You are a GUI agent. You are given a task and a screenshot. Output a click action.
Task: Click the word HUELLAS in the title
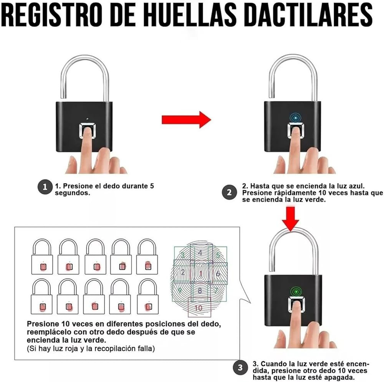pyautogui.click(x=190, y=15)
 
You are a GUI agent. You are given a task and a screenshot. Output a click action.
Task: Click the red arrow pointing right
pyautogui.click(x=186, y=120)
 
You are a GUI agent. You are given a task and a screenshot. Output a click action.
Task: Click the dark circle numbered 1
pyautogui.click(x=45, y=187)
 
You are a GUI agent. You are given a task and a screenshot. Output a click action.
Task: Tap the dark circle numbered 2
pyautogui.click(x=229, y=192)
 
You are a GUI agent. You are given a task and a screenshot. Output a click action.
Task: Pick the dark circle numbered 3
pyautogui.click(x=240, y=367)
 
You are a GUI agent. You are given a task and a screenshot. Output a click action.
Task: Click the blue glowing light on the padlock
pyautogui.click(x=296, y=118)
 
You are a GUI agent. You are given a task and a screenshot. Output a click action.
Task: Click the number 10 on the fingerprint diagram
pyautogui.click(x=199, y=308)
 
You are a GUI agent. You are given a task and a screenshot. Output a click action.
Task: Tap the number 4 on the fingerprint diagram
pyautogui.click(x=200, y=253)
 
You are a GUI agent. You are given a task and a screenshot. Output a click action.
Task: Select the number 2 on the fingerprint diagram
pyautogui.click(x=183, y=272)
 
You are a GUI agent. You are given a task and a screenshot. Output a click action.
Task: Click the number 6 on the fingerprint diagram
pyautogui.click(x=218, y=273)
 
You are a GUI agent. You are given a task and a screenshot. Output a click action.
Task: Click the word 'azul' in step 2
pyautogui.click(x=356, y=186)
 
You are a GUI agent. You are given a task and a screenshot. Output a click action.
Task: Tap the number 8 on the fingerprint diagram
pyautogui.click(x=200, y=291)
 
